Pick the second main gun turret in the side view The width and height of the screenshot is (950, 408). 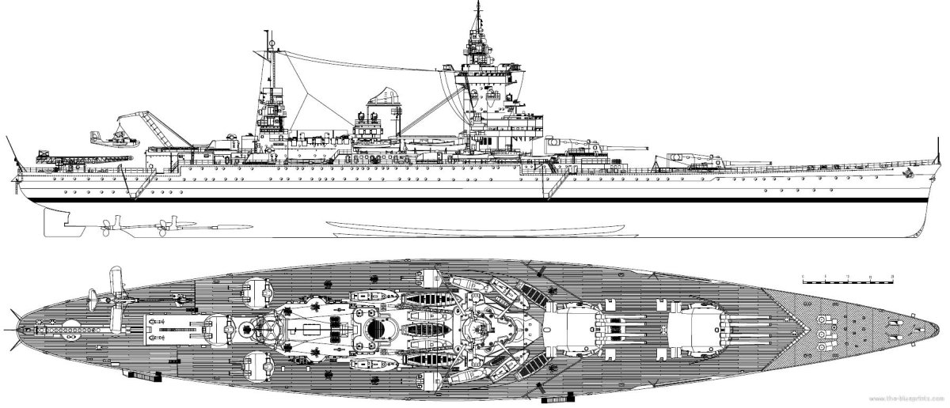(586, 146)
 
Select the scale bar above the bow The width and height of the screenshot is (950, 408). (848, 278)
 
